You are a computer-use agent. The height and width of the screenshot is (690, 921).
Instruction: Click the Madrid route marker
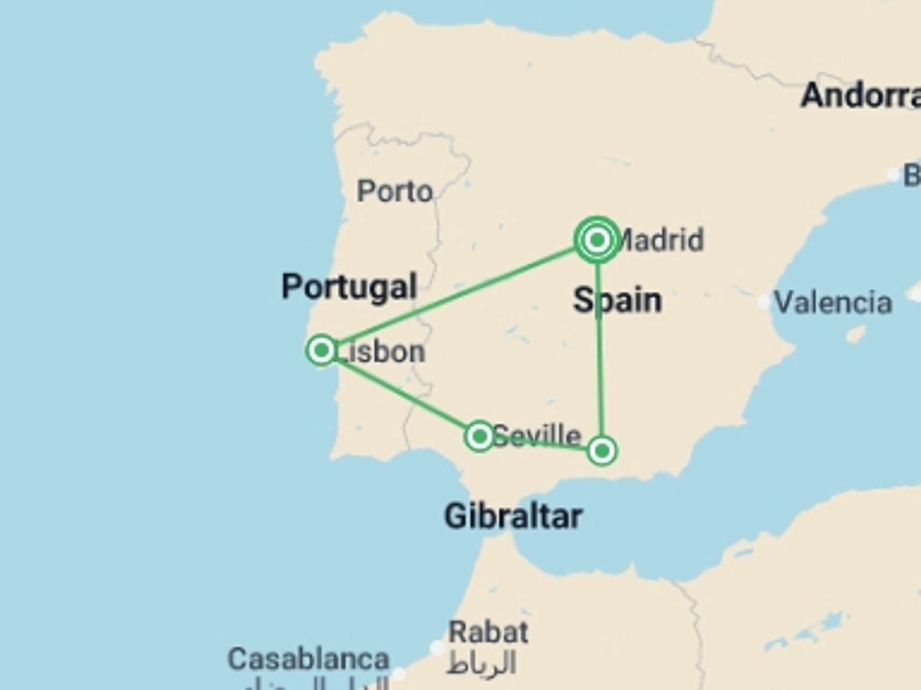597,240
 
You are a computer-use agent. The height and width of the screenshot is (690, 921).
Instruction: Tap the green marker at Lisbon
321,350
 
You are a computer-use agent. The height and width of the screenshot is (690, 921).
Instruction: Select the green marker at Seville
479,436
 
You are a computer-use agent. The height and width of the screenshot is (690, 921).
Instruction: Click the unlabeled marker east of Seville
602,450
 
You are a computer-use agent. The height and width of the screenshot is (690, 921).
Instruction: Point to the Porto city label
395,192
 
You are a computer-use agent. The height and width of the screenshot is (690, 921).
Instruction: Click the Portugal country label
349,287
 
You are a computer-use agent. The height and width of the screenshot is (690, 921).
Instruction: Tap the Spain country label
618,300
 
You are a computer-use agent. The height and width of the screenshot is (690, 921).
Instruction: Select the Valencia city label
834,303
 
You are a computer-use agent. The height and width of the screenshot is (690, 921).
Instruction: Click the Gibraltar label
513,517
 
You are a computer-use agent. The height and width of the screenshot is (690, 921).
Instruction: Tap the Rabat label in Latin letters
488,632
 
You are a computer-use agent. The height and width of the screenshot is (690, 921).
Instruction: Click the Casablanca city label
308,659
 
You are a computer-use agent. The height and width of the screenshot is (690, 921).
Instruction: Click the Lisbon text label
381,352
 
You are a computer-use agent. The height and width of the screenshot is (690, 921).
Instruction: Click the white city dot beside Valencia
764,302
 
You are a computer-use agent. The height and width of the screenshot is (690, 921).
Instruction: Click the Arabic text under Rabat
481,664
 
